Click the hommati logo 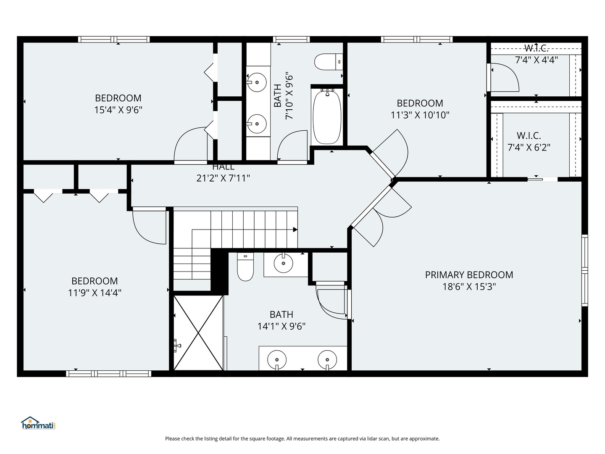click(39, 423)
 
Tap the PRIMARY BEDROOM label click(469, 275)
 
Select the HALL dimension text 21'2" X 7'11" click(223, 178)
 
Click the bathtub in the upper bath click(327, 116)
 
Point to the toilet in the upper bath click(329, 62)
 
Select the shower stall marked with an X click(198, 333)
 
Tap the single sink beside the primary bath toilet click(283, 264)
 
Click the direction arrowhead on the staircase click(295, 230)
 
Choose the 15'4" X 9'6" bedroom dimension click(118, 110)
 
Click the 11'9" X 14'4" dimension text click(95, 293)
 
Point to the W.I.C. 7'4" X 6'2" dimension click(529, 148)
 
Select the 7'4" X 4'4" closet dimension click(537, 60)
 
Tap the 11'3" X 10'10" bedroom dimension click(420, 115)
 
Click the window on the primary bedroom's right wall click(584, 270)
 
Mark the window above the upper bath click(291, 40)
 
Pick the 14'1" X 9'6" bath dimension click(281, 326)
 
